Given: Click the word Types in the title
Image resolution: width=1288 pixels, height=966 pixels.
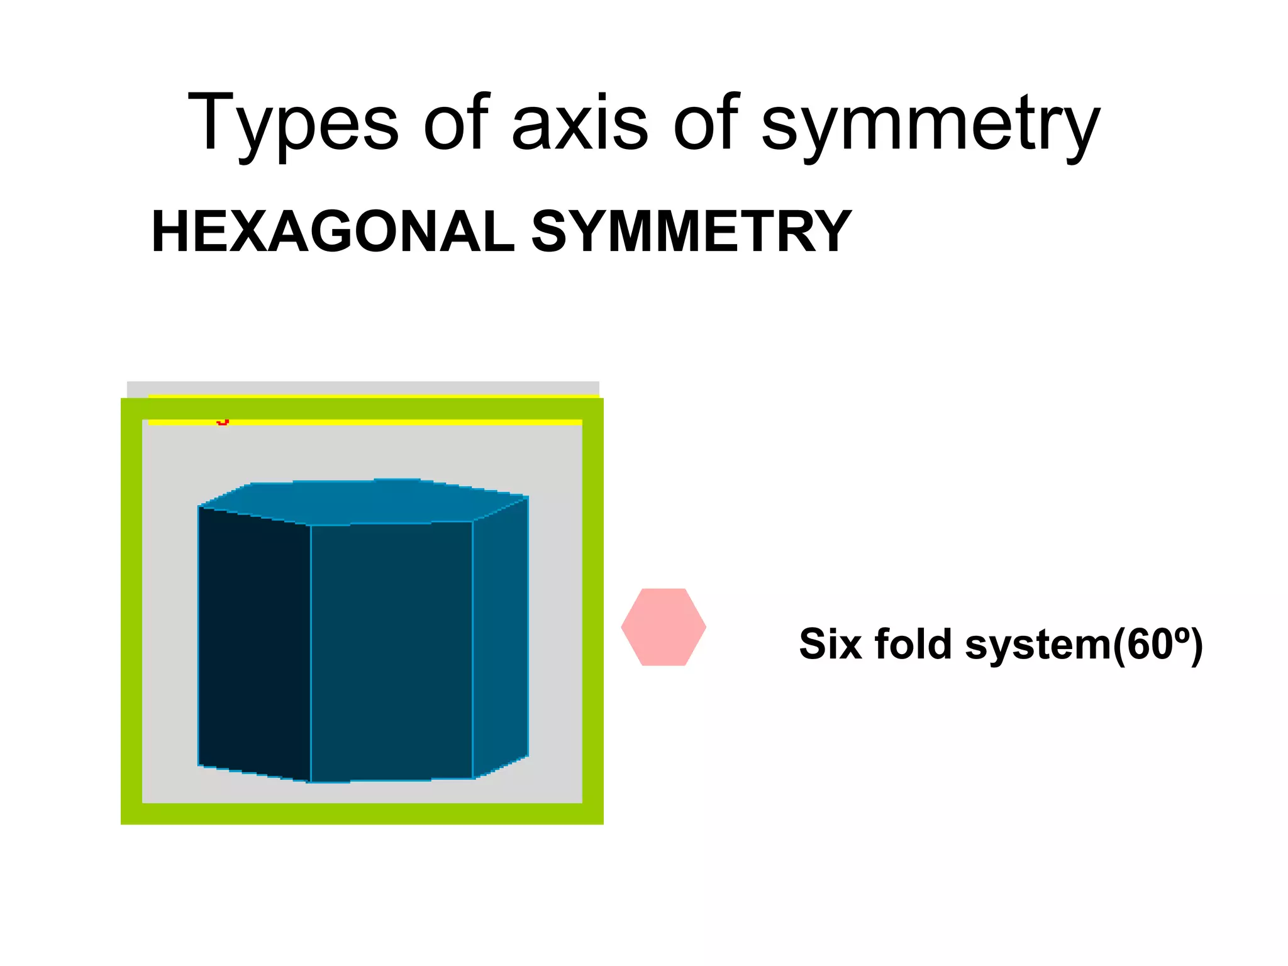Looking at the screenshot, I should point(293,123).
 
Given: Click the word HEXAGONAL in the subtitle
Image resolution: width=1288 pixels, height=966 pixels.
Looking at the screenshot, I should point(333,231).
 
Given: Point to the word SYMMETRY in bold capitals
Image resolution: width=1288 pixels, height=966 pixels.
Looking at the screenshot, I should point(691,231).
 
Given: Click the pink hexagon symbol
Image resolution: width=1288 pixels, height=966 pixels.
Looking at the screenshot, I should point(663,627).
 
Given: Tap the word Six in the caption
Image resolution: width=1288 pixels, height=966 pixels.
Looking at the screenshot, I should point(831,644).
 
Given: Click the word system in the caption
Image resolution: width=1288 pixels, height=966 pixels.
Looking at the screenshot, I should point(1038,645).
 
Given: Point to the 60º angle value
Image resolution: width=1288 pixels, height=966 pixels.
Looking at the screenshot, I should point(1157,644).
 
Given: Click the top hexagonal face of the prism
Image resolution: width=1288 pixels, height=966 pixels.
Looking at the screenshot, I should point(365,501).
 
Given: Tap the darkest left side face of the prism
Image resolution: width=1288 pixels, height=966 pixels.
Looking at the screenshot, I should point(254,641).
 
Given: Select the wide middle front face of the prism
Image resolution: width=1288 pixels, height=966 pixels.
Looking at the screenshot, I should point(391,651).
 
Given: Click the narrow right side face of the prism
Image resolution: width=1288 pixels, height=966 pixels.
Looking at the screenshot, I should point(501,635).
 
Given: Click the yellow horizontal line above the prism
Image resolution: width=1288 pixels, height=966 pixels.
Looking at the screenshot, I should point(377,422).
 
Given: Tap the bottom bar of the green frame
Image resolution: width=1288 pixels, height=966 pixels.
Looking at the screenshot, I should point(362,813).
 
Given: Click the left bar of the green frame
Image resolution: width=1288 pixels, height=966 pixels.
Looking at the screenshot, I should point(131,610).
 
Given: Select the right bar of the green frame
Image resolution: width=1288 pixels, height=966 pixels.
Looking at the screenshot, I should point(592,610).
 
